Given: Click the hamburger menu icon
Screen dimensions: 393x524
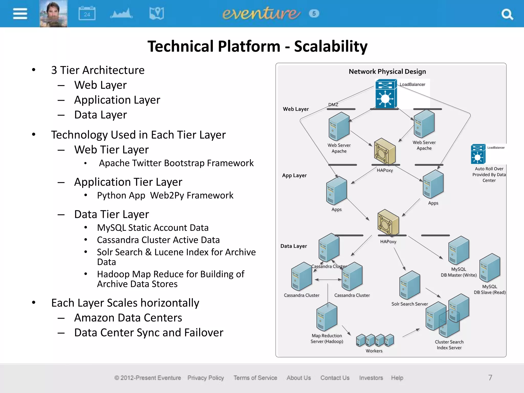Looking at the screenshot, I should click(x=20, y=14).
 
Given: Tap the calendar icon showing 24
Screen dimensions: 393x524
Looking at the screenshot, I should click(x=87, y=13).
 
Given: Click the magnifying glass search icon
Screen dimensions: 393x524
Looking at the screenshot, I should click(x=507, y=14).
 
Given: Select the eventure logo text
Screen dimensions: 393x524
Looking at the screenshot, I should click(x=261, y=13).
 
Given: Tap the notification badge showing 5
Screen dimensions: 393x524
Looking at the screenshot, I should click(x=314, y=13).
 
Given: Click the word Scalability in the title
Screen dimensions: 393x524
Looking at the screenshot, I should click(x=331, y=46).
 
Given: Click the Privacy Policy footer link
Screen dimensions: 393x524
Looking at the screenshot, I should click(x=206, y=378).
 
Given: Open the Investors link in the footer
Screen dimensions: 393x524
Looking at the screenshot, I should click(x=371, y=378).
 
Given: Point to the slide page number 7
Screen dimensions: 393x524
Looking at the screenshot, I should click(x=490, y=378).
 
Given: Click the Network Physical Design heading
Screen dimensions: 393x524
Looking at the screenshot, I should click(x=387, y=71).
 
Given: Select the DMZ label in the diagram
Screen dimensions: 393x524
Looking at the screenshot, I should click(x=333, y=105).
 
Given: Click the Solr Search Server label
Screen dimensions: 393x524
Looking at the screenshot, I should click(x=409, y=304).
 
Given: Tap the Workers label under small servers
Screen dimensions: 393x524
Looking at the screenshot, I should click(x=374, y=351).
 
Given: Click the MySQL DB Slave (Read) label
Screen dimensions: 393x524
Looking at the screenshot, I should click(x=489, y=289).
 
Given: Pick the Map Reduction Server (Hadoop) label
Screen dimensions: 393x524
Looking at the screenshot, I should click(x=327, y=339).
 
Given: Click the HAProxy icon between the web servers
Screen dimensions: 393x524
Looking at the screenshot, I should click(x=385, y=151).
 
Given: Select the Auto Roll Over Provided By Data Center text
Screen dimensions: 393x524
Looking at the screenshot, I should click(x=489, y=174).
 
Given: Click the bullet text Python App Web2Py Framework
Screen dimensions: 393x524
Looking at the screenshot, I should click(x=165, y=195).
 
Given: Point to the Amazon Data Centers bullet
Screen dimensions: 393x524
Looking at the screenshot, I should click(x=128, y=318).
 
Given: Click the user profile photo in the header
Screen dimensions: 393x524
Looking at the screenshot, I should click(x=53, y=14).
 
